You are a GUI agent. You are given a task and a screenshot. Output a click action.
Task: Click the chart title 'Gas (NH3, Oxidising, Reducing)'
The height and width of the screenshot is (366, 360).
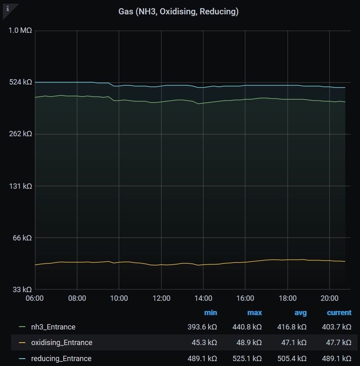click(x=179, y=11)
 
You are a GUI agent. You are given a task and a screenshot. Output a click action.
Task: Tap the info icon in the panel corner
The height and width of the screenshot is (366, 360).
click(x=7, y=8)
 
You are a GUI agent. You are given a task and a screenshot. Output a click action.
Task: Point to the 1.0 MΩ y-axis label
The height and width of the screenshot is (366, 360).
click(x=20, y=31)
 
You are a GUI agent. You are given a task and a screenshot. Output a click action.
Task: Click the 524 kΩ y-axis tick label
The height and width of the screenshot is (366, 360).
click(x=20, y=82)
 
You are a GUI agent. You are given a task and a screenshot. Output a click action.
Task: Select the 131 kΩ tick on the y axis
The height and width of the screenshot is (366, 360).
click(x=20, y=186)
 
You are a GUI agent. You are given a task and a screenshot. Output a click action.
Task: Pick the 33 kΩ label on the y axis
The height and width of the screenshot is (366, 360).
click(x=22, y=289)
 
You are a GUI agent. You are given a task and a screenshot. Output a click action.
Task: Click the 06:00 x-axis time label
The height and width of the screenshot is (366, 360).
click(x=35, y=298)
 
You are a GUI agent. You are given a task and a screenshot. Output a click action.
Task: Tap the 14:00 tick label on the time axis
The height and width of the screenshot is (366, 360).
click(x=203, y=298)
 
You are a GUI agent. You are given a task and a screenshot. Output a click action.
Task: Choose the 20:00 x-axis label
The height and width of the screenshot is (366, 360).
click(x=329, y=298)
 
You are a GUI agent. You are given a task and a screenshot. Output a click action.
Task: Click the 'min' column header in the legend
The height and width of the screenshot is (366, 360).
click(x=211, y=313)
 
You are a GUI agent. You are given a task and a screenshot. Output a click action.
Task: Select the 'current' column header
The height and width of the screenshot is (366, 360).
click(x=339, y=313)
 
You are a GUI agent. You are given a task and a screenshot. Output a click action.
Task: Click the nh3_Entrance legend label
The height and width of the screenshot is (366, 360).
click(x=53, y=327)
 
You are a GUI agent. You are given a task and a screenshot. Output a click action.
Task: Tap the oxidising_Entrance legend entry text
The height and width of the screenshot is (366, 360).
click(x=62, y=343)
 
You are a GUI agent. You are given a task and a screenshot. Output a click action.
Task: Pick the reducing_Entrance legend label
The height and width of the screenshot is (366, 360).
click(x=61, y=358)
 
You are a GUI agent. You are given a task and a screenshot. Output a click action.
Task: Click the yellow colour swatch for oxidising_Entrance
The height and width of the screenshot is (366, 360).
click(x=22, y=343)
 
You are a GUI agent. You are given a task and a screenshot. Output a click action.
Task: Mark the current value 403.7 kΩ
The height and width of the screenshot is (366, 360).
click(x=337, y=327)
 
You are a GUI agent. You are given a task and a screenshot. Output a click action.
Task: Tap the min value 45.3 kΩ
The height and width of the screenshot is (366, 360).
click(x=204, y=343)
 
